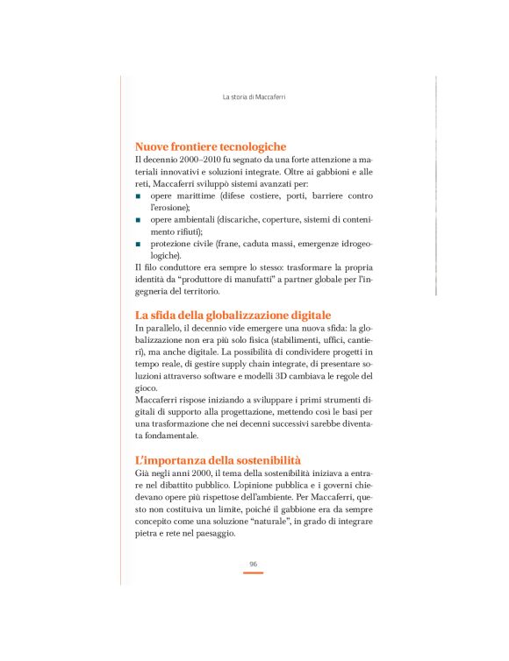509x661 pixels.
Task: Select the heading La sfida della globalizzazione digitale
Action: (233, 315)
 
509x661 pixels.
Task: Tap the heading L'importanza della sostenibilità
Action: (218, 459)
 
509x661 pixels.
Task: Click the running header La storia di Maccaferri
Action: (254, 97)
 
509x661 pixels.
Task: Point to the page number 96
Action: (254, 564)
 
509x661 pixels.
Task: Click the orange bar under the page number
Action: (254, 573)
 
